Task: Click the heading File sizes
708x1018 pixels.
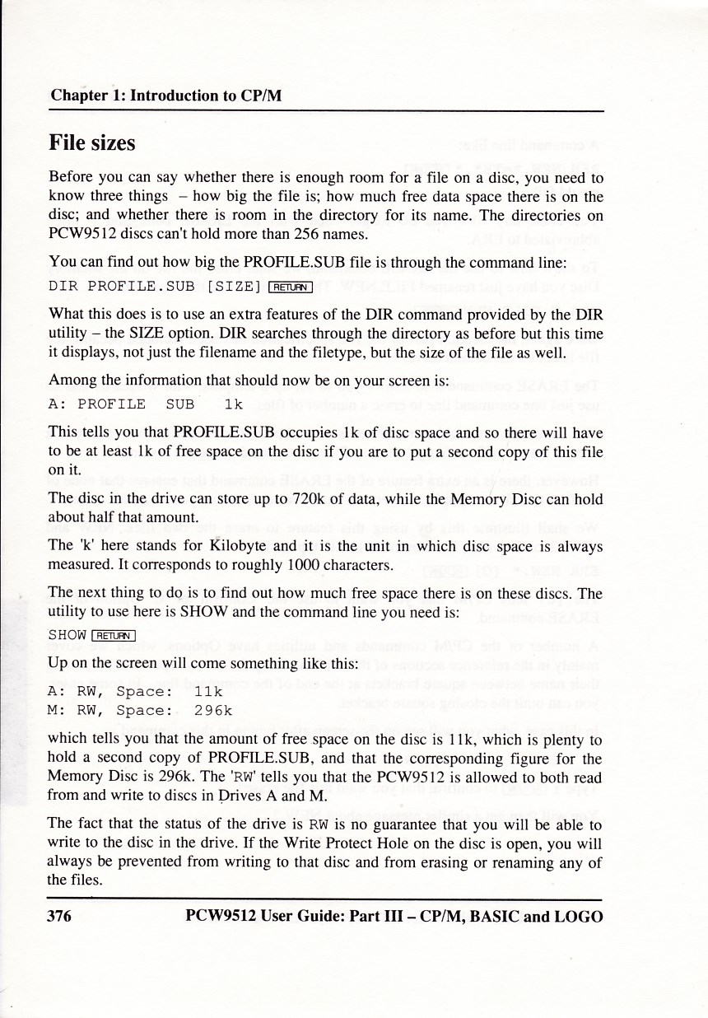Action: point(92,143)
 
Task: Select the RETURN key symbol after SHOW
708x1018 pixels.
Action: point(114,634)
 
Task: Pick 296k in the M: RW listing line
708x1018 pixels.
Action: point(212,709)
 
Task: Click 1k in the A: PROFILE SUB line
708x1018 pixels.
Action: point(233,404)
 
